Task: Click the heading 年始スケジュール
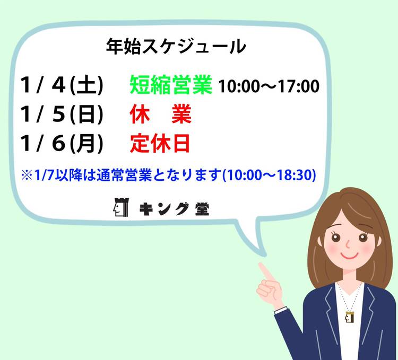coord(176,47)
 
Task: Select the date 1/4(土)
coord(62,85)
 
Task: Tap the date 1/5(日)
coord(62,114)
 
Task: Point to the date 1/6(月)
coord(62,144)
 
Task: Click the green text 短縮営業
coord(171,85)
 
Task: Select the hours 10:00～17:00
coord(269,86)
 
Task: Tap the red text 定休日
coord(160,144)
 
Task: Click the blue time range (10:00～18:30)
coord(269,175)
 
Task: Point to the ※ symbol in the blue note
coord(27,175)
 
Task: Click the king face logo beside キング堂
coord(121,207)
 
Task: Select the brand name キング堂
coord(174,209)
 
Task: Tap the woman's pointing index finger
coord(265,271)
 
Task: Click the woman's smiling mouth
coord(349,255)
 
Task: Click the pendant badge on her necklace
coord(350,317)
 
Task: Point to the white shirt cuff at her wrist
coord(281,310)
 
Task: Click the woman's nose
coord(348,244)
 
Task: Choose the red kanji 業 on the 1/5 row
coord(181,114)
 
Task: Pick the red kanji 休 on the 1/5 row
coord(140,114)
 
